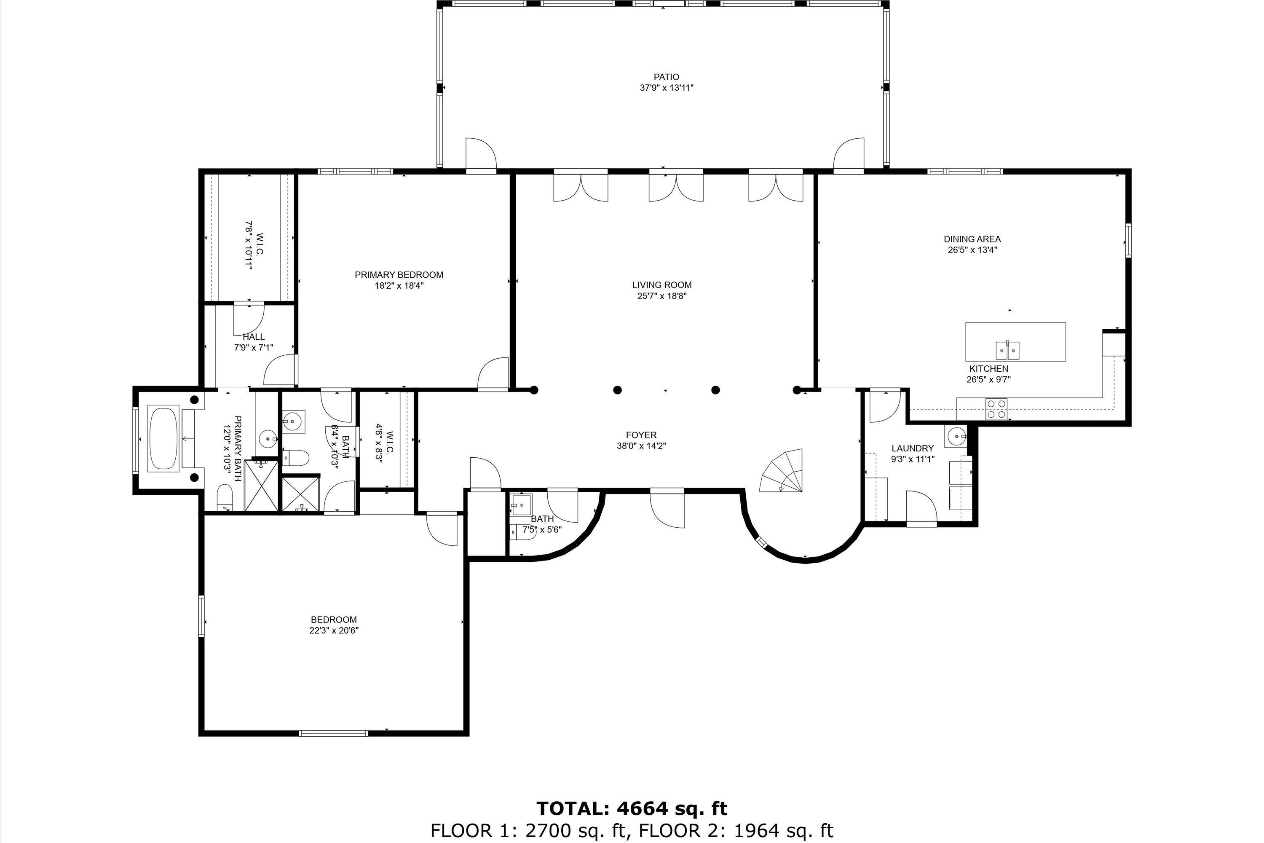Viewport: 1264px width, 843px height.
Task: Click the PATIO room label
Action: click(667, 77)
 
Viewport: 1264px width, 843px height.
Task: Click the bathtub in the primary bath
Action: click(163, 440)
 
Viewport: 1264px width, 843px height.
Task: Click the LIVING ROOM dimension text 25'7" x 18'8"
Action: click(661, 296)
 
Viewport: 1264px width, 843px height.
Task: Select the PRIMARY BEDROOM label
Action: click(399, 275)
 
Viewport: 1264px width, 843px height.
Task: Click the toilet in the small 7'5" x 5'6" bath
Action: click(524, 532)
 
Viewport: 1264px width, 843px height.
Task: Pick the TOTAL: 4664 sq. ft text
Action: click(632, 808)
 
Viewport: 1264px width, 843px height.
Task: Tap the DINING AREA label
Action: click(972, 239)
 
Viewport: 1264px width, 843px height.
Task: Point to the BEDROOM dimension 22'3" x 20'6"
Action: click(334, 631)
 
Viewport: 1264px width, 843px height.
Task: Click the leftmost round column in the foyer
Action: click(534, 390)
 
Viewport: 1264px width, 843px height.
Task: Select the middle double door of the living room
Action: click(676, 187)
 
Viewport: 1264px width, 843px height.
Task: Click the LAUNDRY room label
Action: click(913, 448)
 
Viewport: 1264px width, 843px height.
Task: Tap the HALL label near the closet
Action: click(253, 337)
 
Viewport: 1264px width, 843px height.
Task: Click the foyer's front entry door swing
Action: click(667, 508)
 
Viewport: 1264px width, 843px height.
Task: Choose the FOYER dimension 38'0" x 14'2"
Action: click(641, 446)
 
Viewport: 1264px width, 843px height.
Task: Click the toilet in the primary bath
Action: click(225, 497)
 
